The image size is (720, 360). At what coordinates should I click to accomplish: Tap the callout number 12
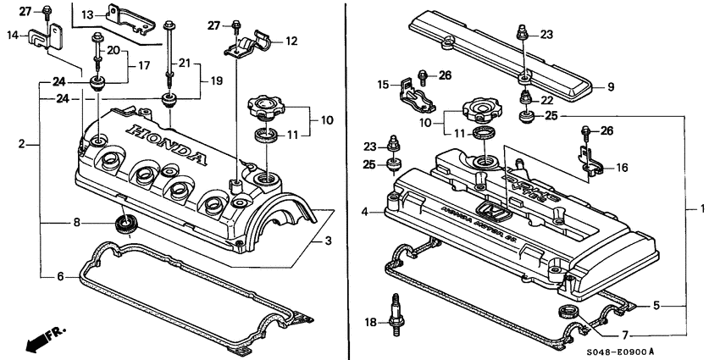[291, 40]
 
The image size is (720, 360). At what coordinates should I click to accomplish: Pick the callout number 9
[601, 86]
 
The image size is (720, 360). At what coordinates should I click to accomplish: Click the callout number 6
[60, 276]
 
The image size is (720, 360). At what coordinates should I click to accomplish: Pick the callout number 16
[622, 168]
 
